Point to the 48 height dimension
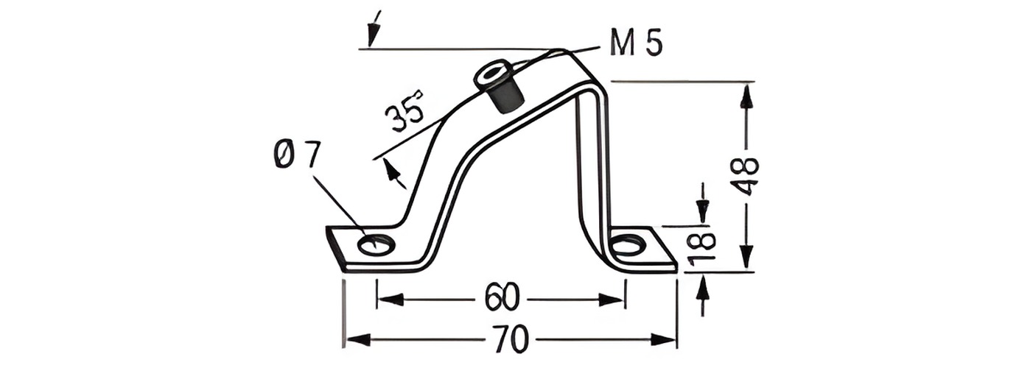[745, 177]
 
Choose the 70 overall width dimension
[511, 339]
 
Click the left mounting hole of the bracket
[377, 244]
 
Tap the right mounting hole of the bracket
[628, 244]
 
